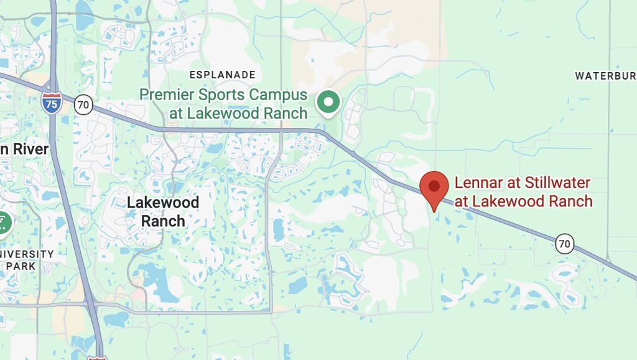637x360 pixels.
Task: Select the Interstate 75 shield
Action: tap(52, 103)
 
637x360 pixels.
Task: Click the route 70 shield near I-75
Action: tap(83, 104)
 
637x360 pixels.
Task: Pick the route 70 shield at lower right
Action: tap(564, 243)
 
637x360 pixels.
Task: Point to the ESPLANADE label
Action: tap(222, 75)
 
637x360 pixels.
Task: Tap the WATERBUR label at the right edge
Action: tap(605, 76)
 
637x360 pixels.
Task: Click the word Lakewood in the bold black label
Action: tap(163, 203)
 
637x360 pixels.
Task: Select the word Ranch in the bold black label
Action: tap(163, 221)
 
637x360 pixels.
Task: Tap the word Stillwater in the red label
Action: tap(557, 183)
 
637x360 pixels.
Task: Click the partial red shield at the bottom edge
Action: tap(97, 357)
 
